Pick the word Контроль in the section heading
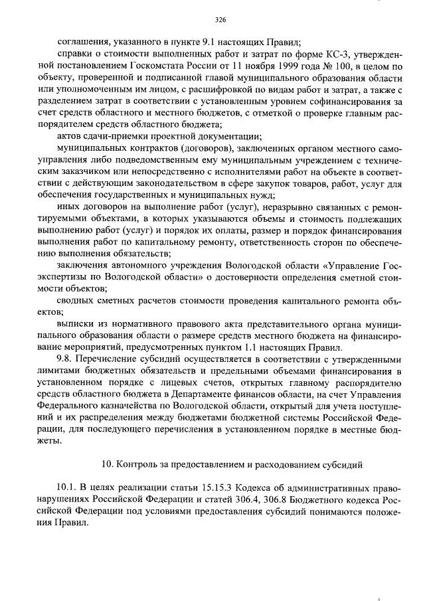pos(137,462)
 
